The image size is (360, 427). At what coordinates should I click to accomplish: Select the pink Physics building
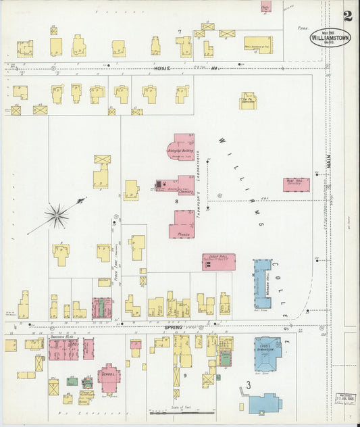click(x=182, y=224)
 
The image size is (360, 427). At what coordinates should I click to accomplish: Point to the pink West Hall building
click(x=297, y=184)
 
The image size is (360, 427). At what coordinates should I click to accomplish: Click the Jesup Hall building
click(x=219, y=261)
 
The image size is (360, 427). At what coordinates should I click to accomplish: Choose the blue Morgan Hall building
click(x=262, y=282)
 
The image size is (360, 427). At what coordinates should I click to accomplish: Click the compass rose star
click(x=57, y=216)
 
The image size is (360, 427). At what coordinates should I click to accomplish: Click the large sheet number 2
click(x=347, y=16)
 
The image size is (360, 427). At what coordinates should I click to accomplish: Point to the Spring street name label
click(x=174, y=326)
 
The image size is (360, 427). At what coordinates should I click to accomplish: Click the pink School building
click(x=109, y=376)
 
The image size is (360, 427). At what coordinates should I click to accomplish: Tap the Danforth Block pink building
click(x=63, y=349)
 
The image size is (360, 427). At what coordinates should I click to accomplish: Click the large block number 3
click(x=249, y=385)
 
